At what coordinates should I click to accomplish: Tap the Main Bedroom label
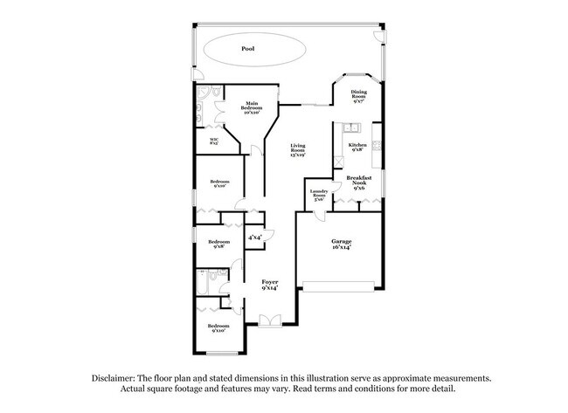pos(253,107)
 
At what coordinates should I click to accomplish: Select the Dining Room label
pos(359,96)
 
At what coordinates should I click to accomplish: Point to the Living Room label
pos(298,150)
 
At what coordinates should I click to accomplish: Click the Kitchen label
pos(357,147)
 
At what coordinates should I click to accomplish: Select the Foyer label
pos(270,285)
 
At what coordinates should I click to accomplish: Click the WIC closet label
pos(214,140)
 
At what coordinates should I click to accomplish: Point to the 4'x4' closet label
pos(254,237)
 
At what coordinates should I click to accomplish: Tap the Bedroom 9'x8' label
pos(218,244)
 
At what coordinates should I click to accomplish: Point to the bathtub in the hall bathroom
pos(201,284)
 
